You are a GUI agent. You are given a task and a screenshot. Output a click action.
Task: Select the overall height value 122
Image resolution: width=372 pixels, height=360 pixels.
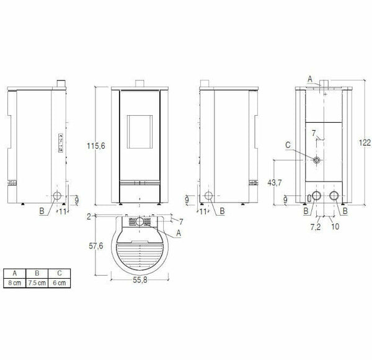point(365,142)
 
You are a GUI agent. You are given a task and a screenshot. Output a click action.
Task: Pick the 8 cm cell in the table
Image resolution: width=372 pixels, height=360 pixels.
point(14,283)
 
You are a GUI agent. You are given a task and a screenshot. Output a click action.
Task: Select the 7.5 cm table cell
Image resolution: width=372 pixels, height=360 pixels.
point(37,283)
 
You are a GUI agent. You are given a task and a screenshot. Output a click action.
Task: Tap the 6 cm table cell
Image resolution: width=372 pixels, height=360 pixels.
point(60,283)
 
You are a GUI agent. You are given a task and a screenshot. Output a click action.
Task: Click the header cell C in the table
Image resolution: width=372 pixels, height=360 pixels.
point(60,273)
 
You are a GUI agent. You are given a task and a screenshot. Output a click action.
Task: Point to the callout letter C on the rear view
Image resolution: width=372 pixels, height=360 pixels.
point(288,146)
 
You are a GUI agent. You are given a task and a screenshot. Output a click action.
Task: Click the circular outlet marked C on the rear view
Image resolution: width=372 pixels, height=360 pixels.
point(317,160)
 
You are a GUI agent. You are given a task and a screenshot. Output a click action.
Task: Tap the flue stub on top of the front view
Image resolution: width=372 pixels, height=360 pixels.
point(140,83)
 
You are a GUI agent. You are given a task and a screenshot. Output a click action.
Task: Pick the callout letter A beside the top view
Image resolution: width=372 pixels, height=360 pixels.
point(179,233)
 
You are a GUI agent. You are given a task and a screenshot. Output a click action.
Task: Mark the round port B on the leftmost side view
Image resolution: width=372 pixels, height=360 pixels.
point(56,197)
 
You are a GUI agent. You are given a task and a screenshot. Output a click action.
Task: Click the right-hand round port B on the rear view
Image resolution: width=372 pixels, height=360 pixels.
point(335,197)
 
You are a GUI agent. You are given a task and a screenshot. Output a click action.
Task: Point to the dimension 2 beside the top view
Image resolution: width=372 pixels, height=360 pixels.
point(89,216)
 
